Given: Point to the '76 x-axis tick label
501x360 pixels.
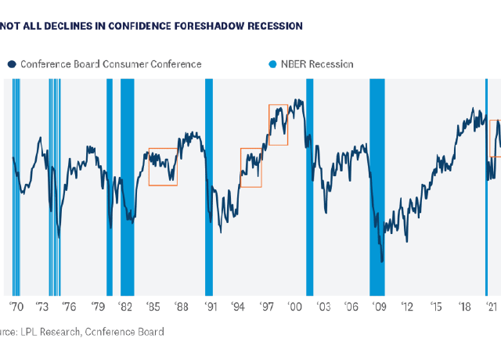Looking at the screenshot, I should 70,308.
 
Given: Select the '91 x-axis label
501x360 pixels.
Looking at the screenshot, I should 209,308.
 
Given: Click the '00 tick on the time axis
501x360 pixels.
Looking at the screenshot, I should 295,308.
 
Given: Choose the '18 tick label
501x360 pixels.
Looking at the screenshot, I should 464,308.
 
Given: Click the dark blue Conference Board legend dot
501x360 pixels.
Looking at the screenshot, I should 12,64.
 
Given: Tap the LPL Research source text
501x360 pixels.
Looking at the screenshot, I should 47,332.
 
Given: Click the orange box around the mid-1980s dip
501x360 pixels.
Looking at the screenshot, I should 163,167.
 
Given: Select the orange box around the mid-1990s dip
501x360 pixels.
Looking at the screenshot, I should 250,167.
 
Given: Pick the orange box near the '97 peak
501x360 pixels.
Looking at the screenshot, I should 278,125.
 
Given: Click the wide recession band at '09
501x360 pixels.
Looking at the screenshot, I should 377,188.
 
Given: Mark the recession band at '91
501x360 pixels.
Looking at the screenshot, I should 209,188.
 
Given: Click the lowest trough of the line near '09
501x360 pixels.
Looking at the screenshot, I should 382,261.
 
